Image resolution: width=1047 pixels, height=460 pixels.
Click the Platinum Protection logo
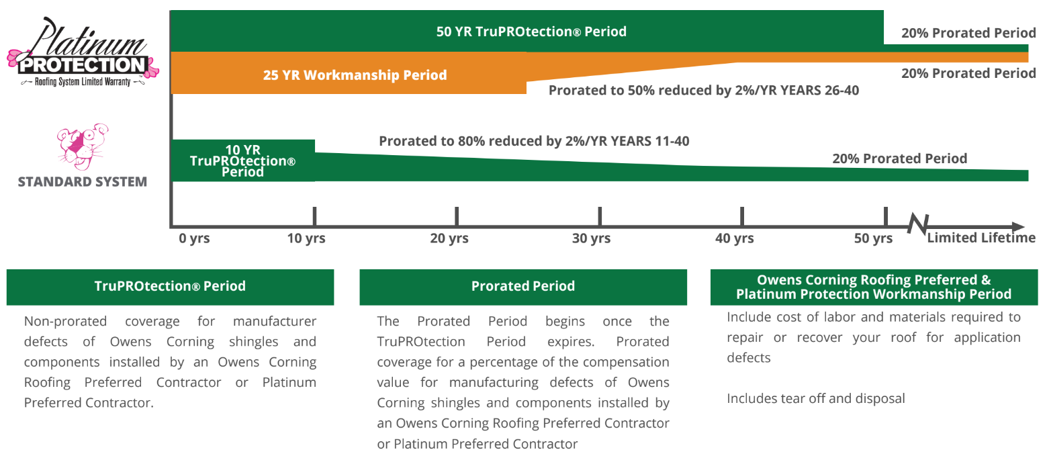(83, 52)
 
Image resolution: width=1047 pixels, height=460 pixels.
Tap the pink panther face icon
(83, 147)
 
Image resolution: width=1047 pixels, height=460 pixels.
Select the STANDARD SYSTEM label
(82, 181)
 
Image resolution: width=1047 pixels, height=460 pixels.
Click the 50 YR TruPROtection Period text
(531, 32)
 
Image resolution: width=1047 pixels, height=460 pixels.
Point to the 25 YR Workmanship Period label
(355, 75)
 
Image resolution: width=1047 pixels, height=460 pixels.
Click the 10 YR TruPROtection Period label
(242, 160)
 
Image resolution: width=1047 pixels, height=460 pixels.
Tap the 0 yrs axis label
(194, 238)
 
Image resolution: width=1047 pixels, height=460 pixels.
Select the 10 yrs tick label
(306, 238)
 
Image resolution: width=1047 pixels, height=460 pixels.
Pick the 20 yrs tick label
(449, 238)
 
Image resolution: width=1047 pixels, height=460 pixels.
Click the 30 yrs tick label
(591, 238)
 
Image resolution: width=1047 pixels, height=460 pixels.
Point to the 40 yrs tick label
(734, 238)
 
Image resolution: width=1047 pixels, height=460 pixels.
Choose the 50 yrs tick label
(873, 238)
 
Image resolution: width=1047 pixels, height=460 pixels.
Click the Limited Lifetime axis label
(981, 238)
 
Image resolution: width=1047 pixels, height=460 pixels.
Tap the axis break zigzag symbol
(918, 224)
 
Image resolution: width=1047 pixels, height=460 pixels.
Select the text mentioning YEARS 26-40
(703, 90)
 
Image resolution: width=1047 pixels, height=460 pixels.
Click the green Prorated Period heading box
(523, 287)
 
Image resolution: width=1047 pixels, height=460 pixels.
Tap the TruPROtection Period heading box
(170, 287)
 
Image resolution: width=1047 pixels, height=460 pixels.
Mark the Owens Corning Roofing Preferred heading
(874, 287)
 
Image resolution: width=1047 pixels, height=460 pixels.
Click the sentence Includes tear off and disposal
(815, 398)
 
